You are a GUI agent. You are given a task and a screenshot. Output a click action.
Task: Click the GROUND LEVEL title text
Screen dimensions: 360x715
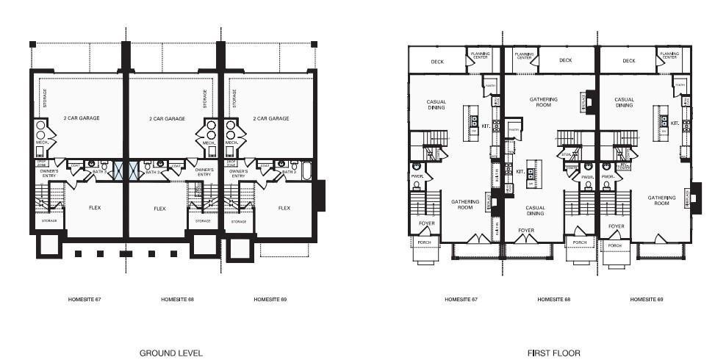[x=170, y=353]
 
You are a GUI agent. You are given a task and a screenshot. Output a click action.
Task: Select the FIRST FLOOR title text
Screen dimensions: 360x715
[x=553, y=353]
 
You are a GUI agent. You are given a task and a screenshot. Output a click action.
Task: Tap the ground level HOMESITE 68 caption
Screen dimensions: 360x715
[x=177, y=300]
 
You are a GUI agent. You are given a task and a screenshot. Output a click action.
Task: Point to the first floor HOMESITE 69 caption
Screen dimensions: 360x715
[x=647, y=300]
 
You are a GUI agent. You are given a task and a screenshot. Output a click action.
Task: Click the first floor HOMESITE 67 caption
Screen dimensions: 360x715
[x=461, y=300]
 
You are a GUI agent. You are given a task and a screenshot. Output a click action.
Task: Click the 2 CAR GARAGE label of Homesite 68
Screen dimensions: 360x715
[x=167, y=118]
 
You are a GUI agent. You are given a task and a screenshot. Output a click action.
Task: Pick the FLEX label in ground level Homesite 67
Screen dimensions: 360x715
[x=94, y=208]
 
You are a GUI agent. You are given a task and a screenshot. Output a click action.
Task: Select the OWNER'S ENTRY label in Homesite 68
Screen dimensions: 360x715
[x=204, y=173]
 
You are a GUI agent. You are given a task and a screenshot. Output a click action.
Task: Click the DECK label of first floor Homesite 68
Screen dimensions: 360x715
[x=565, y=61]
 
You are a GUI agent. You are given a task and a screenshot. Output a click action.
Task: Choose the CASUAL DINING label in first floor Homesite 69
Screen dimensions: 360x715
[x=624, y=102]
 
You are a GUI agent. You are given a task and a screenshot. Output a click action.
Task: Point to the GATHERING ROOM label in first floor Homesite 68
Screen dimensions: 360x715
[x=543, y=102]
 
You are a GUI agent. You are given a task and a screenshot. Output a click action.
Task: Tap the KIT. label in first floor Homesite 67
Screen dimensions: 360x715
[x=486, y=126]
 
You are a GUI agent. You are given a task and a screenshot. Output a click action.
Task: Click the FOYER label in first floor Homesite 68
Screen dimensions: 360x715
[x=526, y=230]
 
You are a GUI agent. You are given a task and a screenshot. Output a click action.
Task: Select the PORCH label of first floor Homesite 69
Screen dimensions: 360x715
[x=615, y=245]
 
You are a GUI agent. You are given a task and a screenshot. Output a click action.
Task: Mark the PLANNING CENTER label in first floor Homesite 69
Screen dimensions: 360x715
[x=669, y=55]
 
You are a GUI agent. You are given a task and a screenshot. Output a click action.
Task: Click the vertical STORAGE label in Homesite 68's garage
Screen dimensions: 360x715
[x=204, y=98]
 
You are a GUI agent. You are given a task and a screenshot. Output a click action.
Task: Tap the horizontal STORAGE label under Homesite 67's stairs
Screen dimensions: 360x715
[x=49, y=220]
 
